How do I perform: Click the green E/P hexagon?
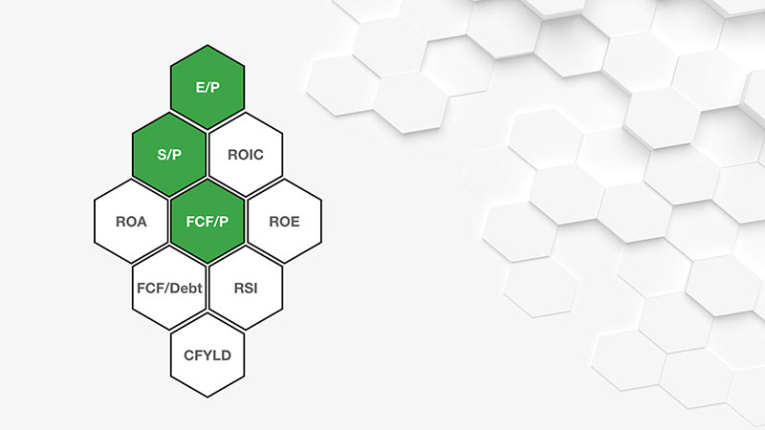coord(208,87)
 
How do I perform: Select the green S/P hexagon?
coord(169,154)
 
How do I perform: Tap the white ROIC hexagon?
coord(246,154)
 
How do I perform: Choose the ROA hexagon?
coord(131,221)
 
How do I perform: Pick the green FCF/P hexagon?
coord(208,221)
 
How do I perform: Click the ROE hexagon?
coord(284,221)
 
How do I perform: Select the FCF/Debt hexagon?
coord(169,288)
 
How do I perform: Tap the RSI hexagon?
coord(246,288)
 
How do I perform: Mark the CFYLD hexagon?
coord(208,355)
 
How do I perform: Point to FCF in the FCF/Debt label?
coord(149,288)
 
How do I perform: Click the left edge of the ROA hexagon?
coord(95,221)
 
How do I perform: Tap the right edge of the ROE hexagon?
coord(321,221)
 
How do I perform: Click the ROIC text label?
coord(246,154)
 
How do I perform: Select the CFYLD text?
coord(208,355)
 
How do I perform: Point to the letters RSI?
coord(246,288)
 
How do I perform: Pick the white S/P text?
coord(169,154)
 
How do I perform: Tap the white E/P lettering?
coord(208,87)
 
